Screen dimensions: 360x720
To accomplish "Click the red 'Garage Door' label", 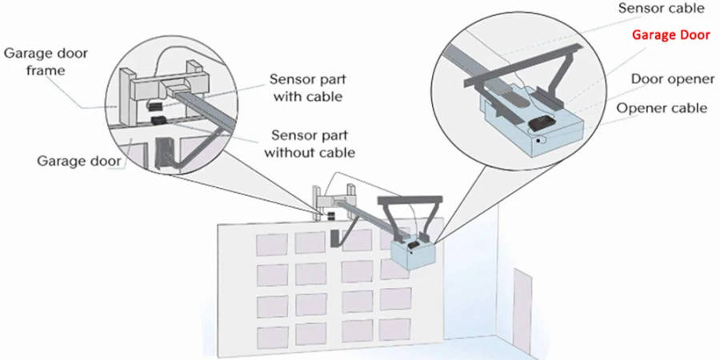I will [x=670, y=35].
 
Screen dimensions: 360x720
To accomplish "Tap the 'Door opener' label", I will [x=669, y=80].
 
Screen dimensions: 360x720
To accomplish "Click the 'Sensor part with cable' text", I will [x=306, y=88].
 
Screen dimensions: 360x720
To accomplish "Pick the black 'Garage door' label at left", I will [x=79, y=160].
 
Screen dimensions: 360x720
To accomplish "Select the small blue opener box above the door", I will [x=413, y=254].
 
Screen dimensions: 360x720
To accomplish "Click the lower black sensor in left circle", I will [x=158, y=122].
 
